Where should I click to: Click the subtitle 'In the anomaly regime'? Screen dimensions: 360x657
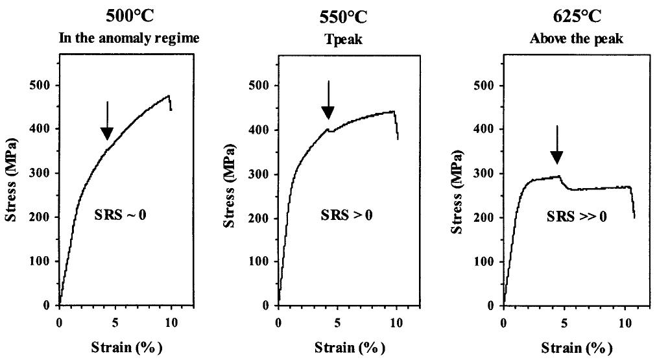(129, 38)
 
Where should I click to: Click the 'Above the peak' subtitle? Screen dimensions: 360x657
(567, 38)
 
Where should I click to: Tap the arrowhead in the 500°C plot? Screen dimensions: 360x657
(108, 133)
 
